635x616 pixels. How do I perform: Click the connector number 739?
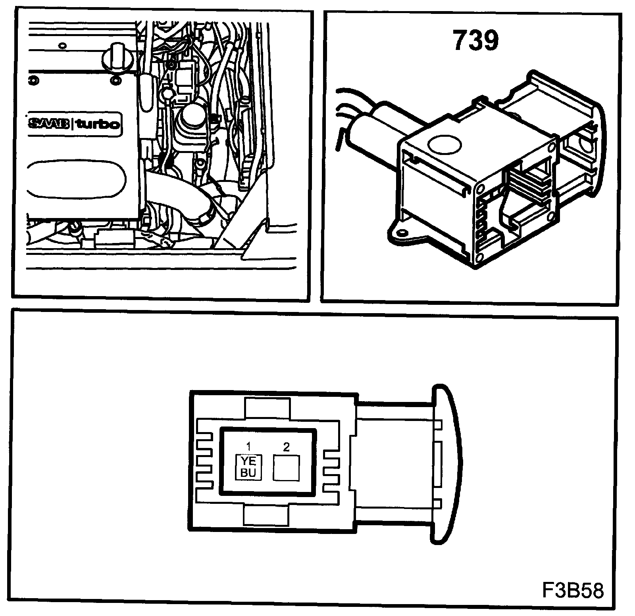pyautogui.click(x=475, y=41)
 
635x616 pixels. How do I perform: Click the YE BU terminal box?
pyautogui.click(x=248, y=467)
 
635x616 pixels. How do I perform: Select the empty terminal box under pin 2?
pyautogui.click(x=286, y=468)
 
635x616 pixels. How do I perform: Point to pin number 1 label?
pyautogui.click(x=248, y=447)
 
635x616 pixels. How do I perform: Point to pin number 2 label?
pyautogui.click(x=286, y=447)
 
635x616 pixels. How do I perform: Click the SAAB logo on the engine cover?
pyautogui.click(x=49, y=124)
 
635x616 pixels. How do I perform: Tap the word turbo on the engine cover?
pyautogui.click(x=97, y=124)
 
